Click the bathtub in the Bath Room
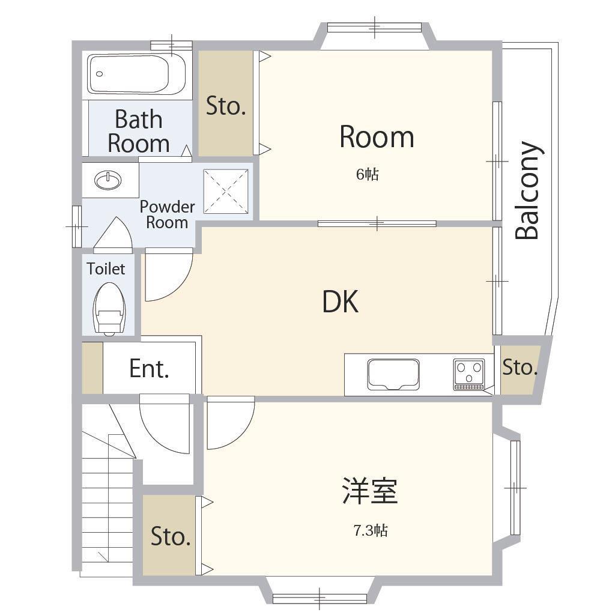pyautogui.click(x=136, y=74)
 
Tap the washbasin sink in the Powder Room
pyautogui.click(x=108, y=180)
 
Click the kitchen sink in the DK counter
pyautogui.click(x=393, y=375)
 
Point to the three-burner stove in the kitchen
pyautogui.click(x=468, y=375)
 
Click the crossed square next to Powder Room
pyautogui.click(x=226, y=192)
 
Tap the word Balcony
pyautogui.click(x=527, y=190)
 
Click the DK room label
pyautogui.click(x=340, y=301)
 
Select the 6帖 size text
pyautogui.click(x=368, y=174)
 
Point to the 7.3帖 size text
pyautogui.click(x=371, y=531)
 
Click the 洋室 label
pyautogui.click(x=370, y=491)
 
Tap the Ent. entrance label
pyautogui.click(x=149, y=369)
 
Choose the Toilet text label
pyautogui.click(x=106, y=268)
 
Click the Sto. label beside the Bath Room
pyautogui.click(x=226, y=106)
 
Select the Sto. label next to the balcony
pyautogui.click(x=520, y=368)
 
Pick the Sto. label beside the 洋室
pyautogui.click(x=171, y=536)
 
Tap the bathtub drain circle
pyautogui.click(x=100, y=74)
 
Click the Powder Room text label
pyautogui.click(x=167, y=214)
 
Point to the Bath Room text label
pyautogui.click(x=139, y=131)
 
